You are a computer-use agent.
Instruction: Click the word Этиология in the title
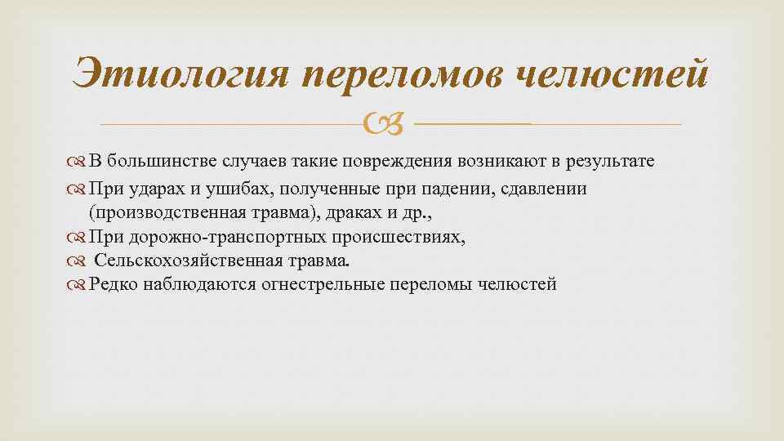[x=179, y=76]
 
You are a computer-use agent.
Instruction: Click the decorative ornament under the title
[x=389, y=125]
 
